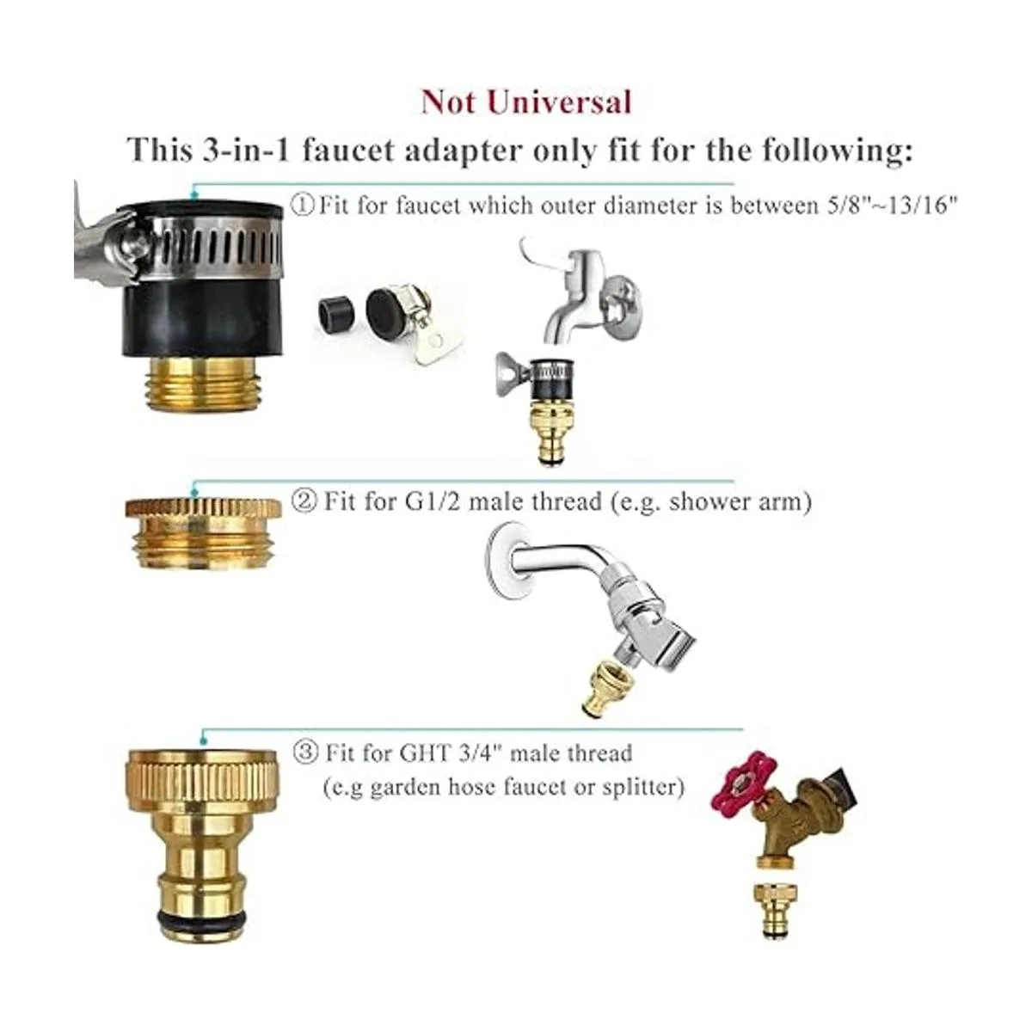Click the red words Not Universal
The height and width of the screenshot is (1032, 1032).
pos(526,101)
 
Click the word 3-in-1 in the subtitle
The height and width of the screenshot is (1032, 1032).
pos(246,150)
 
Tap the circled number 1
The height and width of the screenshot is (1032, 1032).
pos(302,206)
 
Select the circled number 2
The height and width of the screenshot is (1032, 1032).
pos(304,501)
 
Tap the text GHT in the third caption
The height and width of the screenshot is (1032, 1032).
pos(425,753)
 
